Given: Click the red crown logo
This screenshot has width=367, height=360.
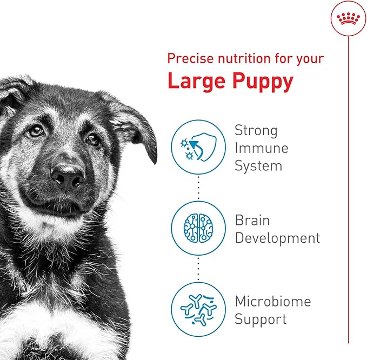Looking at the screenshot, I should (348, 19).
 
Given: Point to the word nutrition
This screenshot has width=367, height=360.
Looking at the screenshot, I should (239, 58).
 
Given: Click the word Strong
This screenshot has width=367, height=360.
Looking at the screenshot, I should (256, 131).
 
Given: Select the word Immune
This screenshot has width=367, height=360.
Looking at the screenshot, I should (262, 148).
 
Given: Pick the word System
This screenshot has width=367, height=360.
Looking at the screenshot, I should (258, 166).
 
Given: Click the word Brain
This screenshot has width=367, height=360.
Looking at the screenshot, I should (252, 221).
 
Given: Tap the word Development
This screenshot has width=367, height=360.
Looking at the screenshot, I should (277, 238).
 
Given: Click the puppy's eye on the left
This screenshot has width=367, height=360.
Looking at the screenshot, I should (36, 130).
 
